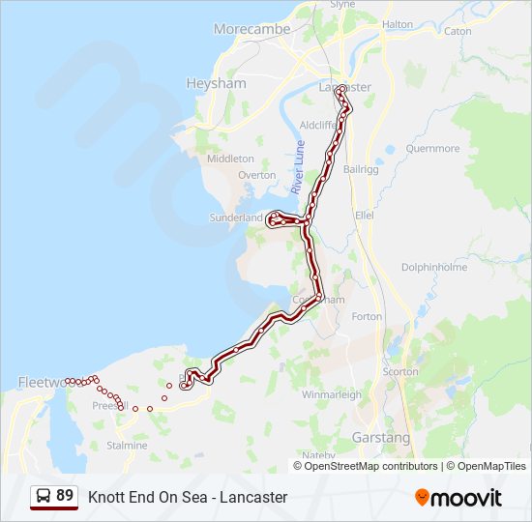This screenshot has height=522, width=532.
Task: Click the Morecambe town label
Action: click(x=251, y=29)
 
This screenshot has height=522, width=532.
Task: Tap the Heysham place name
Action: click(x=216, y=84)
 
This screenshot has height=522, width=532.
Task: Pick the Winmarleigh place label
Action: click(x=332, y=394)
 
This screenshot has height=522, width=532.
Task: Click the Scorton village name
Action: click(x=400, y=371)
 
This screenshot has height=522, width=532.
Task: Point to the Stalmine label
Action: click(x=128, y=446)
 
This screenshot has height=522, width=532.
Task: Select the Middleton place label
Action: click(x=230, y=159)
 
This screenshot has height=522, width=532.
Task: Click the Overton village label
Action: click(x=256, y=175)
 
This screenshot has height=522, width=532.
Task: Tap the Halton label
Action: click(x=397, y=24)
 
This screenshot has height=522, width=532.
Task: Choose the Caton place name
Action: click(x=458, y=31)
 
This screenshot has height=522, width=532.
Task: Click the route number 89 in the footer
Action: click(x=65, y=496)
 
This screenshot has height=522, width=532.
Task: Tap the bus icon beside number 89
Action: click(x=44, y=497)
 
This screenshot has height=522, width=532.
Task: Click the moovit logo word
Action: click(x=466, y=498)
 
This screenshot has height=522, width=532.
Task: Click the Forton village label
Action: click(x=367, y=316)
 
